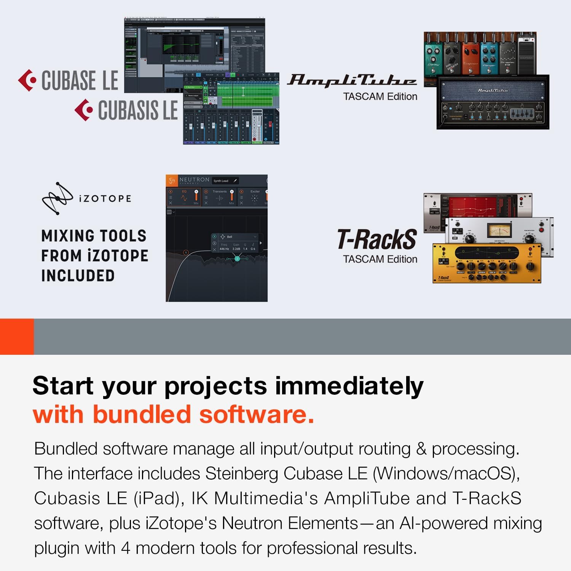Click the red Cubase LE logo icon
[x=27, y=80]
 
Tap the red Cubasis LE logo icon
[x=84, y=110]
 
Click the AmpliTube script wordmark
[x=351, y=80]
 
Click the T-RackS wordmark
[x=377, y=239]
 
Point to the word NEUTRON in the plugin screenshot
[x=194, y=180]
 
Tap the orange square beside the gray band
[x=17, y=337]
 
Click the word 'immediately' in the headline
[x=349, y=386]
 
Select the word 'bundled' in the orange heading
[x=142, y=415]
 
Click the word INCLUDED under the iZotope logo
[x=78, y=276]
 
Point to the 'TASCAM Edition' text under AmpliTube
[x=380, y=97]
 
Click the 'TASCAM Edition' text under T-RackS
[x=380, y=259]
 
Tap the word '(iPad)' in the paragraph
[x=156, y=498]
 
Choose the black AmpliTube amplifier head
[x=493, y=102]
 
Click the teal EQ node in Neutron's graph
[x=237, y=259]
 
